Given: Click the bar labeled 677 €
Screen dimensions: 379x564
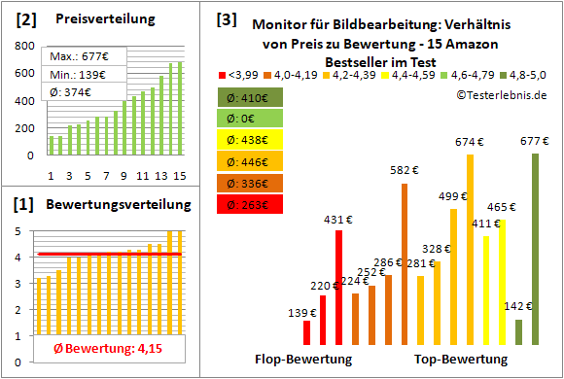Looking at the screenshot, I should (535, 249).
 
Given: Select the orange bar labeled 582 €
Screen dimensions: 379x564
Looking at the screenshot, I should (405, 264).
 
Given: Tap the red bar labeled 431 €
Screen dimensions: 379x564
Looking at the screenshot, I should (338, 288).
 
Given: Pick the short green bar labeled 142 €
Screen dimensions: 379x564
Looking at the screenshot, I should (518, 332).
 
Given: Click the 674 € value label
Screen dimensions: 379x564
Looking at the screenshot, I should (469, 142).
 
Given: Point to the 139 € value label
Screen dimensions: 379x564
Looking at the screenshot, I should (303, 313).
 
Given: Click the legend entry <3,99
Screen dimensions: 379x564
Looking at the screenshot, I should (241, 75).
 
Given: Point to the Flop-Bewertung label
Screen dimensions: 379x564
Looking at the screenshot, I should (303, 359).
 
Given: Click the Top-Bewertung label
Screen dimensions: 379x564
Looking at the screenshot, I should (461, 359).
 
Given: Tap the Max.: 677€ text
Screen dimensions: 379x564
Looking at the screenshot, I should (75, 56).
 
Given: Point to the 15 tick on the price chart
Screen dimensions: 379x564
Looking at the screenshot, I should (178, 176).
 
